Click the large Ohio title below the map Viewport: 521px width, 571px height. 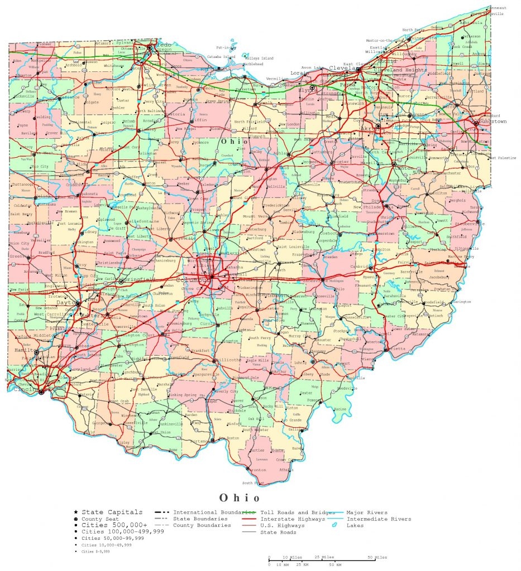pyautogui.click(x=239, y=497)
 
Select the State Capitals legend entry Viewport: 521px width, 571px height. pyautogui.click(x=112, y=512)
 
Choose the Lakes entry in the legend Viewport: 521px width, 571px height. pyautogui.click(x=355, y=526)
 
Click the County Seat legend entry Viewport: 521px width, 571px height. pyautogui.click(x=102, y=519)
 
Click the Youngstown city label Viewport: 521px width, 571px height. pyautogui.click(x=491, y=121)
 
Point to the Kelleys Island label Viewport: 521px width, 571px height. pyautogui.click(x=260, y=57)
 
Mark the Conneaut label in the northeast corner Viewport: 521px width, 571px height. pyautogui.click(x=496, y=8)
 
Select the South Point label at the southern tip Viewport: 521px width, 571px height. pyautogui.click(x=252, y=483)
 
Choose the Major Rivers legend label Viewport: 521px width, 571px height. pyautogui.click(x=366, y=512)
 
